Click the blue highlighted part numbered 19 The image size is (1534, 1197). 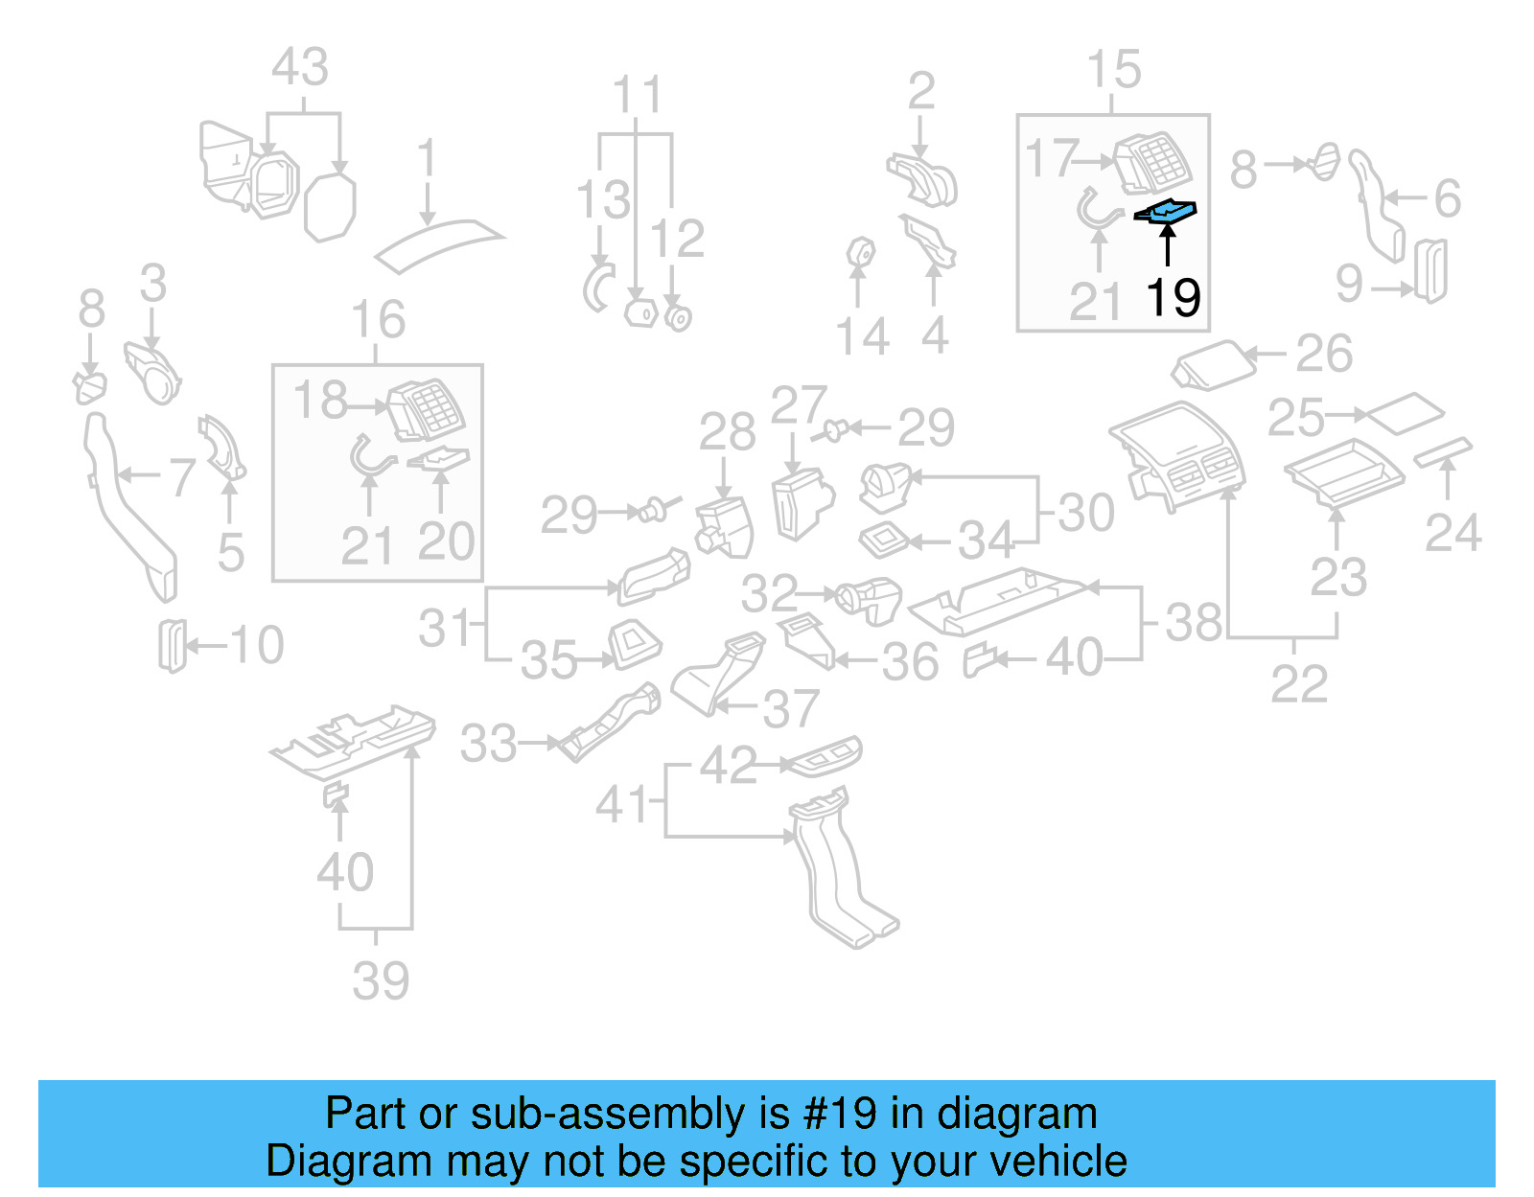1167,210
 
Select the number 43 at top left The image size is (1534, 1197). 300,68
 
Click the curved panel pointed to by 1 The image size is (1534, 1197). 439,242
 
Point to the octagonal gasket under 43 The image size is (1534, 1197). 330,206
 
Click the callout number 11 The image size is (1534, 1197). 638,96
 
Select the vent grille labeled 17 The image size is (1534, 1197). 1153,163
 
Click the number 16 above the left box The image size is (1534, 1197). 378,320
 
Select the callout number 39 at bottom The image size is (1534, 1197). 381,980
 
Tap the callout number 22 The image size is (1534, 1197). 1299,684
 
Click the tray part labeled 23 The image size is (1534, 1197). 1345,472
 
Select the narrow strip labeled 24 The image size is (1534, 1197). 1443,450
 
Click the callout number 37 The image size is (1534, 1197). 791,709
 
